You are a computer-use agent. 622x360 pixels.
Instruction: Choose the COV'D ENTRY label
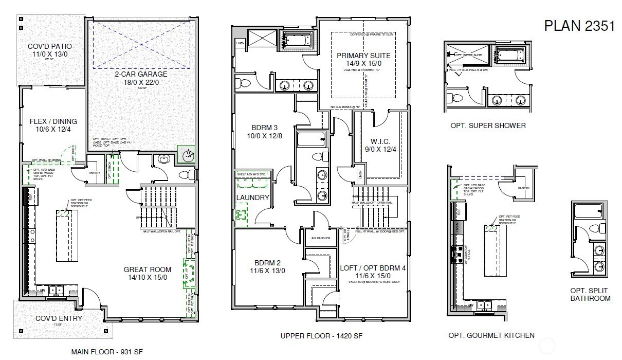point(59,318)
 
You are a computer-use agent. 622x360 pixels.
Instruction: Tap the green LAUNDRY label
point(252,197)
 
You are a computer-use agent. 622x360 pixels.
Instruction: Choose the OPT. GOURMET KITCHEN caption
point(491,335)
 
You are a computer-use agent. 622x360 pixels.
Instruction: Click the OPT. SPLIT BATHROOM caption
point(590,294)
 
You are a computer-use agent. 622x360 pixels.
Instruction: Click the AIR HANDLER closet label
point(320,238)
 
